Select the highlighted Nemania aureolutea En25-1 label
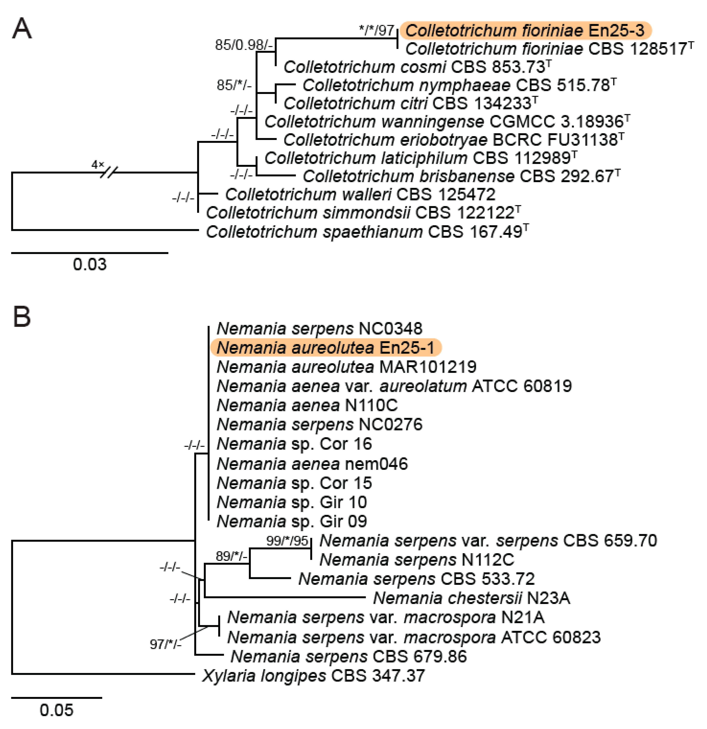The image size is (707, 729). point(326,347)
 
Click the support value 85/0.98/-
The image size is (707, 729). point(244,45)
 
